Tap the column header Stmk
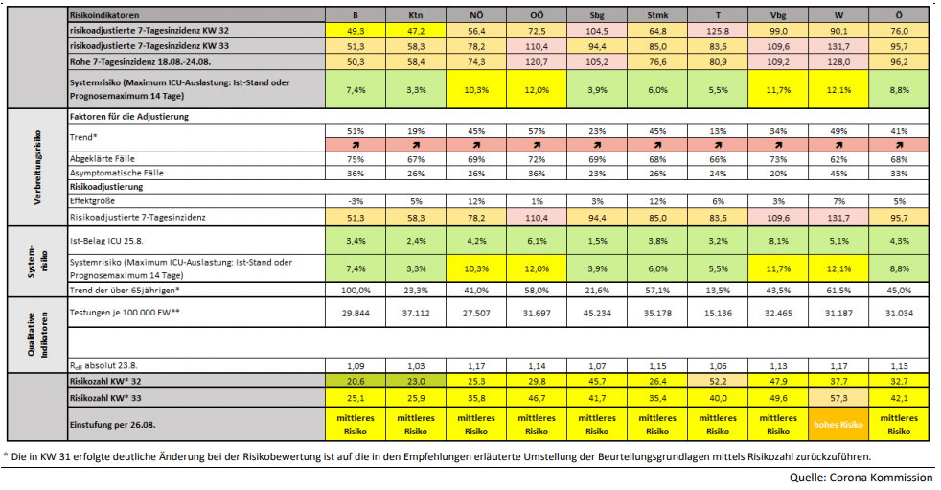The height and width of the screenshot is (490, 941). (656, 16)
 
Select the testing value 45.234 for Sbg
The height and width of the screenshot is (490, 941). (596, 311)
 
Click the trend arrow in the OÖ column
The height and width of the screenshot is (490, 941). (536, 144)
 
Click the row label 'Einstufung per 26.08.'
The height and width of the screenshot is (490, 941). (115, 424)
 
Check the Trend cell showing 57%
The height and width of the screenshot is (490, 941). (536, 130)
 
